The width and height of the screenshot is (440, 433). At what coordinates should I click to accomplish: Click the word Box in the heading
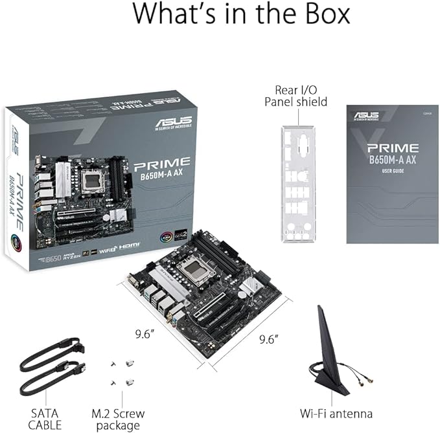pos(320,15)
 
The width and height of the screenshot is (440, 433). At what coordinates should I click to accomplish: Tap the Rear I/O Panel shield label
pos(295,95)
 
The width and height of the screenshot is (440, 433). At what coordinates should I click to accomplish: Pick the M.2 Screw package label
pos(118,419)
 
